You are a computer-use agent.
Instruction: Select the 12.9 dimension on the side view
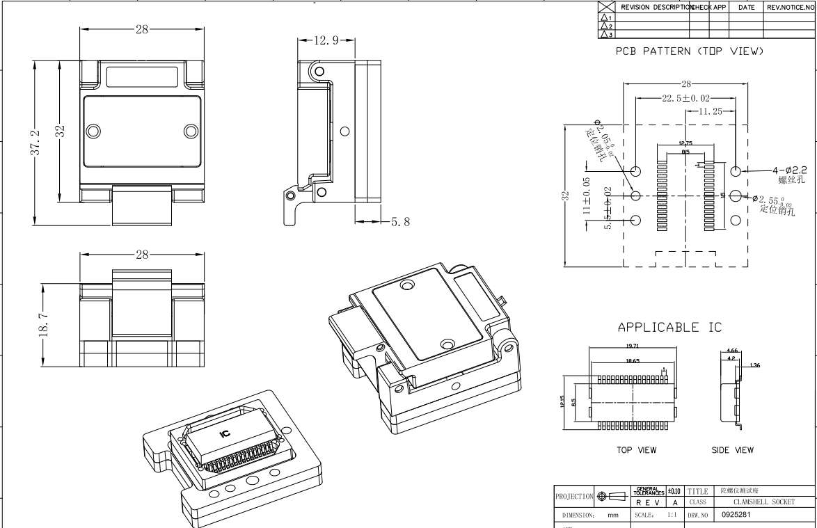click(x=326, y=41)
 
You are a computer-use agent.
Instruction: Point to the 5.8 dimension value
click(x=400, y=222)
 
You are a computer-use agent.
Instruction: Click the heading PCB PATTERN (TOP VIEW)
click(x=690, y=52)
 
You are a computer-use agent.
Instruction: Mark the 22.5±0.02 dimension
click(x=685, y=98)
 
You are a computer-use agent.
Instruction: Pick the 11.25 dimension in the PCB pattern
click(x=712, y=111)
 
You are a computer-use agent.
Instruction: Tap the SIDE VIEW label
click(x=732, y=450)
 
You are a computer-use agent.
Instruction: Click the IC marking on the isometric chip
click(x=224, y=433)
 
